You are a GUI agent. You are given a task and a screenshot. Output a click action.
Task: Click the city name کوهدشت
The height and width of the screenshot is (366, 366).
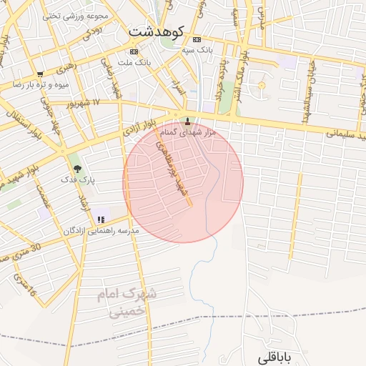pos(157,32)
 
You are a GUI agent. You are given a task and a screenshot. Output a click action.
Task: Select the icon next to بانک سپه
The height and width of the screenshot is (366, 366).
pos(197,39)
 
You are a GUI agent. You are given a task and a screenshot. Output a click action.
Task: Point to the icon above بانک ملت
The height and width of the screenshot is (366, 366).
pos(134,51)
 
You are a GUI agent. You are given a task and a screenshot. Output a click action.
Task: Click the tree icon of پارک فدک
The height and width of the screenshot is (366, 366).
pos(78,168)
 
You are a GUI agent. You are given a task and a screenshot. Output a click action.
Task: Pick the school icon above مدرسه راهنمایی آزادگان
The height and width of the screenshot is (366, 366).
pos(101,219)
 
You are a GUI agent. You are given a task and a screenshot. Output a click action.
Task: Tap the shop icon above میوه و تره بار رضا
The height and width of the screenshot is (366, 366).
pos(40,74)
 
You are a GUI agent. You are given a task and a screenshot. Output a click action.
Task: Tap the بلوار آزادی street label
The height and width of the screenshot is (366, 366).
pos(140,129)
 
